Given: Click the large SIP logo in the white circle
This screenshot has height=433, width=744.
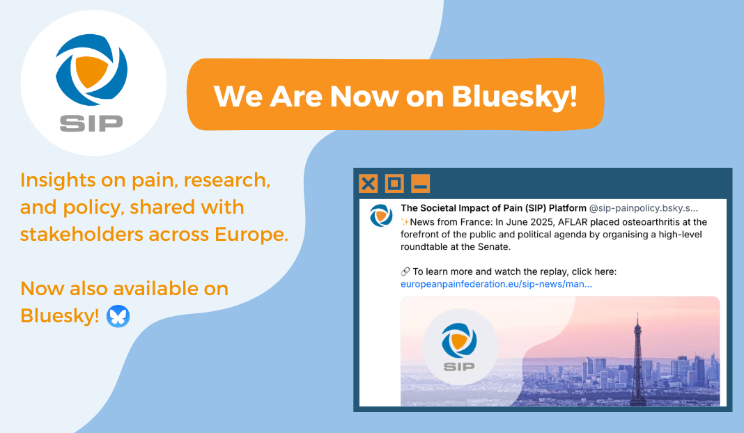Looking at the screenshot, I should (91, 81).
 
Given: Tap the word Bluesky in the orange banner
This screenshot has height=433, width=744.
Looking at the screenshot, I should (514, 95).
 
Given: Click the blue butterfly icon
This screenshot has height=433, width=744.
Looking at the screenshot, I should (118, 316).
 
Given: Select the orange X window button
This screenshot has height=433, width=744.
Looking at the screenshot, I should (369, 183).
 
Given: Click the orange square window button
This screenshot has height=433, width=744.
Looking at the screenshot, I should (394, 183).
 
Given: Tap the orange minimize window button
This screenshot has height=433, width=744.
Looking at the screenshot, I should (420, 183).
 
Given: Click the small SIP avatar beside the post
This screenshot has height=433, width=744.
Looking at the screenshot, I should (381, 215).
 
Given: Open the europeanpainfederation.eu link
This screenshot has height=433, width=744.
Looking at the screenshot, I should (496, 284).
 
